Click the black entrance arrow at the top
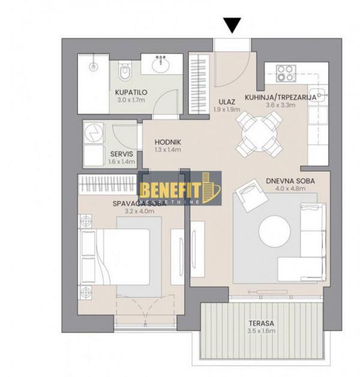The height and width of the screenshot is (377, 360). click(x=232, y=26)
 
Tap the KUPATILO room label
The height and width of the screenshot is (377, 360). click(x=131, y=92)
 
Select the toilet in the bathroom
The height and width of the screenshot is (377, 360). click(x=125, y=74)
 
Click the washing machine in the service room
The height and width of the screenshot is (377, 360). click(x=94, y=133)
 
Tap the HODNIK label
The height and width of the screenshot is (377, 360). click(x=167, y=142)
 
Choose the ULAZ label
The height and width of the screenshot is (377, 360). click(x=226, y=102)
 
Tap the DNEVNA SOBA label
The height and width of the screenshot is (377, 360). click(x=290, y=180)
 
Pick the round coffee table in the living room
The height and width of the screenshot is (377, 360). click(x=275, y=231)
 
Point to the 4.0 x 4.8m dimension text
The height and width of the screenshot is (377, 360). click(x=290, y=188)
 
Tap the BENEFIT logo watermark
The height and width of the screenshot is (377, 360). click(x=179, y=188)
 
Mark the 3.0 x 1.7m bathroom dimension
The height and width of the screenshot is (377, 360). click(x=131, y=100)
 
